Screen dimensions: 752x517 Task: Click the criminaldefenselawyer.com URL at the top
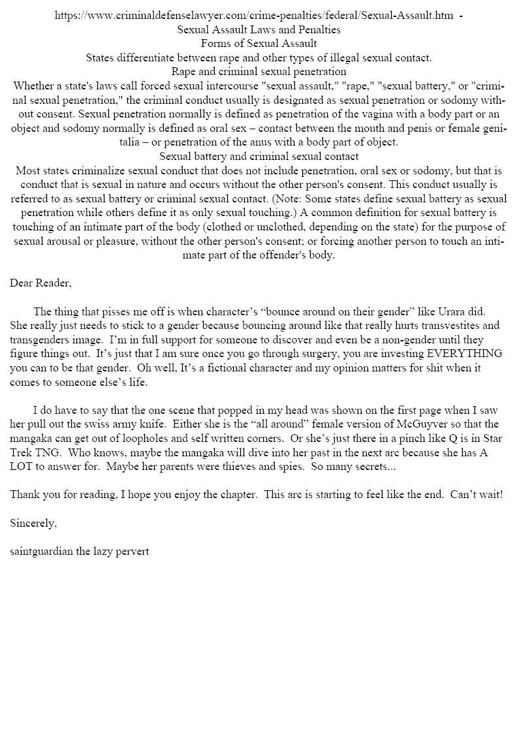click(x=255, y=16)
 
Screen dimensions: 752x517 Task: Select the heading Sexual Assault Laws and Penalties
click(x=258, y=29)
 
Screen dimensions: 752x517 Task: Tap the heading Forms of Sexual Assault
click(x=258, y=44)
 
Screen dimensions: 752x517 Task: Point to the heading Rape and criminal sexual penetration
click(x=258, y=72)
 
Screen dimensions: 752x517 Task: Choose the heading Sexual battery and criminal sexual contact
click(x=258, y=157)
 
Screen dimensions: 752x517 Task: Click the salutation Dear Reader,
click(x=40, y=283)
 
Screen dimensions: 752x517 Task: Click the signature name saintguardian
click(x=42, y=551)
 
